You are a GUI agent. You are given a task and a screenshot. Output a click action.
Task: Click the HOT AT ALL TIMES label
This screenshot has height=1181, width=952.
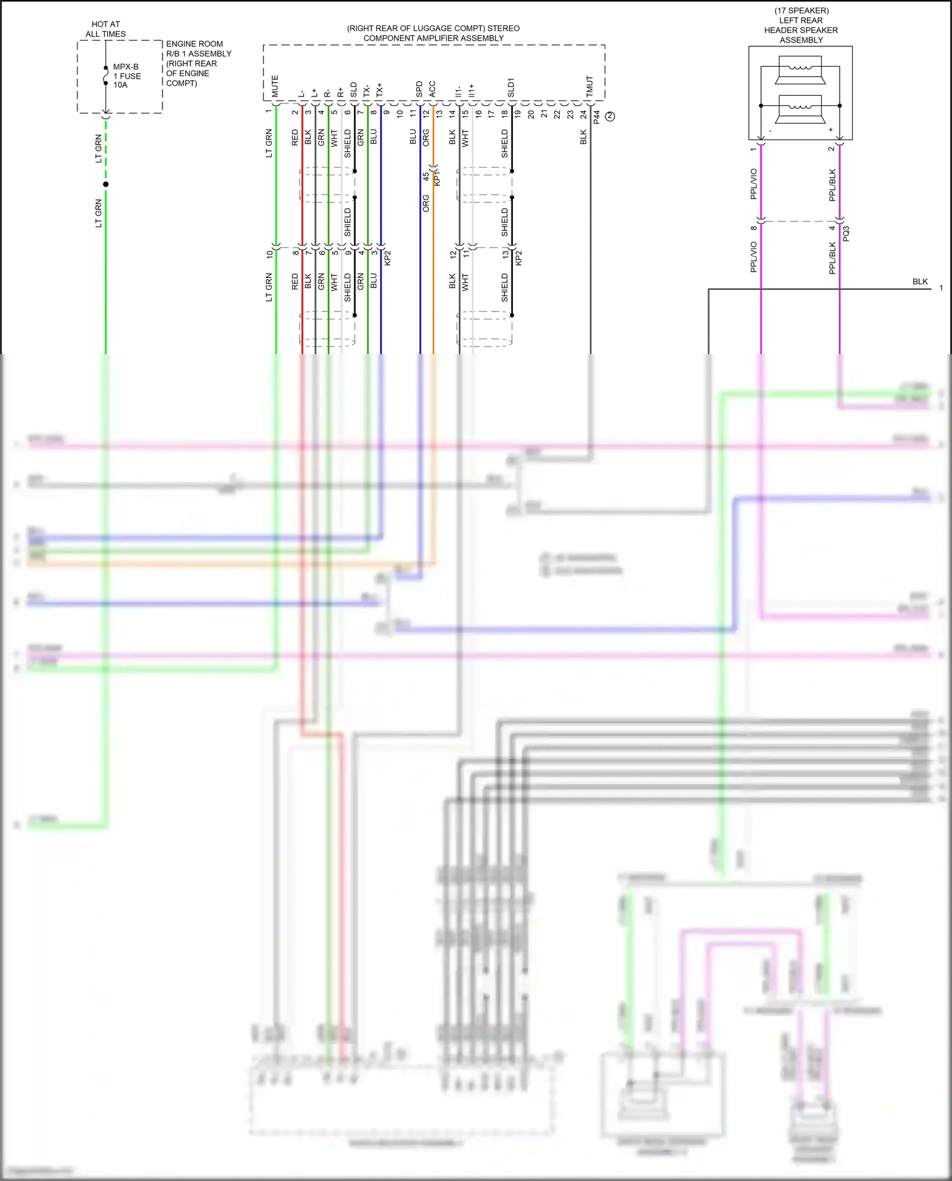[x=105, y=29]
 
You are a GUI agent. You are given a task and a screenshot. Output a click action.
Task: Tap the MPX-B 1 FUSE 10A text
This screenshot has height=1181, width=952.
[x=127, y=76]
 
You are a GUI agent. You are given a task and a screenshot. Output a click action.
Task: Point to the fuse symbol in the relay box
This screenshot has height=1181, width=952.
[x=106, y=76]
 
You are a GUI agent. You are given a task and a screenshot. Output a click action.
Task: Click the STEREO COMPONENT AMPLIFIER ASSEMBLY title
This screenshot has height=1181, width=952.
[x=433, y=33]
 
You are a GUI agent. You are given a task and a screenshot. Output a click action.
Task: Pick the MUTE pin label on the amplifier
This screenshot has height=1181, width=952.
[x=275, y=86]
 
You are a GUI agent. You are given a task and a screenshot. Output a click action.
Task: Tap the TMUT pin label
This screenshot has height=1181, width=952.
[x=590, y=87]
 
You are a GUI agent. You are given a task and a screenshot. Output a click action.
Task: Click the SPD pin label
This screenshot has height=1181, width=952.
[x=420, y=89]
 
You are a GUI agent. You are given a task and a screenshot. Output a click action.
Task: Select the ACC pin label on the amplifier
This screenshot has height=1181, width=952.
[x=432, y=89]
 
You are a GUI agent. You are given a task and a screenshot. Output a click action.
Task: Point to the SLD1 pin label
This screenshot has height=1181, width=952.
[x=511, y=88]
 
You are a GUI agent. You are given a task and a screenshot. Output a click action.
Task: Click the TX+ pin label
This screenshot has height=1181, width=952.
[x=380, y=89]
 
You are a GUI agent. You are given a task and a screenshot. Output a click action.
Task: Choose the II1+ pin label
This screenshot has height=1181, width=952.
[x=472, y=91]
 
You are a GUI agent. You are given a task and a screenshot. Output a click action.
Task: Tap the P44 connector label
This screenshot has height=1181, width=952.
[x=597, y=117]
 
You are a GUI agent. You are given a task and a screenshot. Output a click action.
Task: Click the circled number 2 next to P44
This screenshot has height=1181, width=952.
[x=610, y=116]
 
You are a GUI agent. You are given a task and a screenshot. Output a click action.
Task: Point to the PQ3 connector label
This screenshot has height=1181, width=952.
[x=846, y=233]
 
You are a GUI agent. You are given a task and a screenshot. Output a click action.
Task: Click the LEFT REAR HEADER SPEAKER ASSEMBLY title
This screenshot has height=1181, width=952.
[x=801, y=25]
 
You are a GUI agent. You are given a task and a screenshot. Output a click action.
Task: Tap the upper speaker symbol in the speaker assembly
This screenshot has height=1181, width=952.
[x=800, y=70]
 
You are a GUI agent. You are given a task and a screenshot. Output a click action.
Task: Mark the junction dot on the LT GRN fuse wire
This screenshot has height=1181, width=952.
[x=106, y=184]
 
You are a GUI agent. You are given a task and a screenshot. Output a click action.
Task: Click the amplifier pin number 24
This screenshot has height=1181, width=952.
[x=583, y=114]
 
